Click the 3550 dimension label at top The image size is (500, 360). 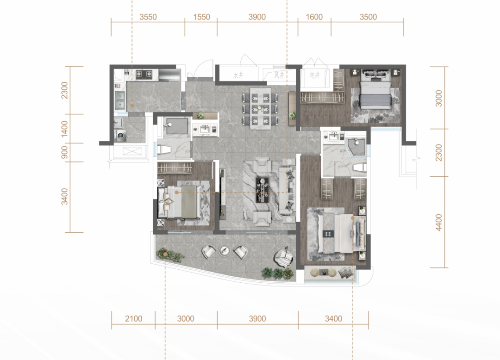148,17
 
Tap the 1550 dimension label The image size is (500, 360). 201,17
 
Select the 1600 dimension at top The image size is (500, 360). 314,17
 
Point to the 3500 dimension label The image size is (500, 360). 369,17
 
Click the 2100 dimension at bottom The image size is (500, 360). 133,318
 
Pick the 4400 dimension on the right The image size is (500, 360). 439,223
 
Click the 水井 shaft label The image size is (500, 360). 238,75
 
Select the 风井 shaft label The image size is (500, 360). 279,75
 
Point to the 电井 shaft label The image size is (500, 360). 315,75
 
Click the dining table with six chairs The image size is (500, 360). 260,108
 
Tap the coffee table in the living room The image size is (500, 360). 263,190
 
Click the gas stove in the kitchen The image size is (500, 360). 144,74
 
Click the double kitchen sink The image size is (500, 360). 120,99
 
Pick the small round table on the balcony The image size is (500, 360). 225,250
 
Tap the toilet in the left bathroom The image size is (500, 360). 164,149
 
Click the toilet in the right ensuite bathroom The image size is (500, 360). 360,168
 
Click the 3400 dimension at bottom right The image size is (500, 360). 333,318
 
